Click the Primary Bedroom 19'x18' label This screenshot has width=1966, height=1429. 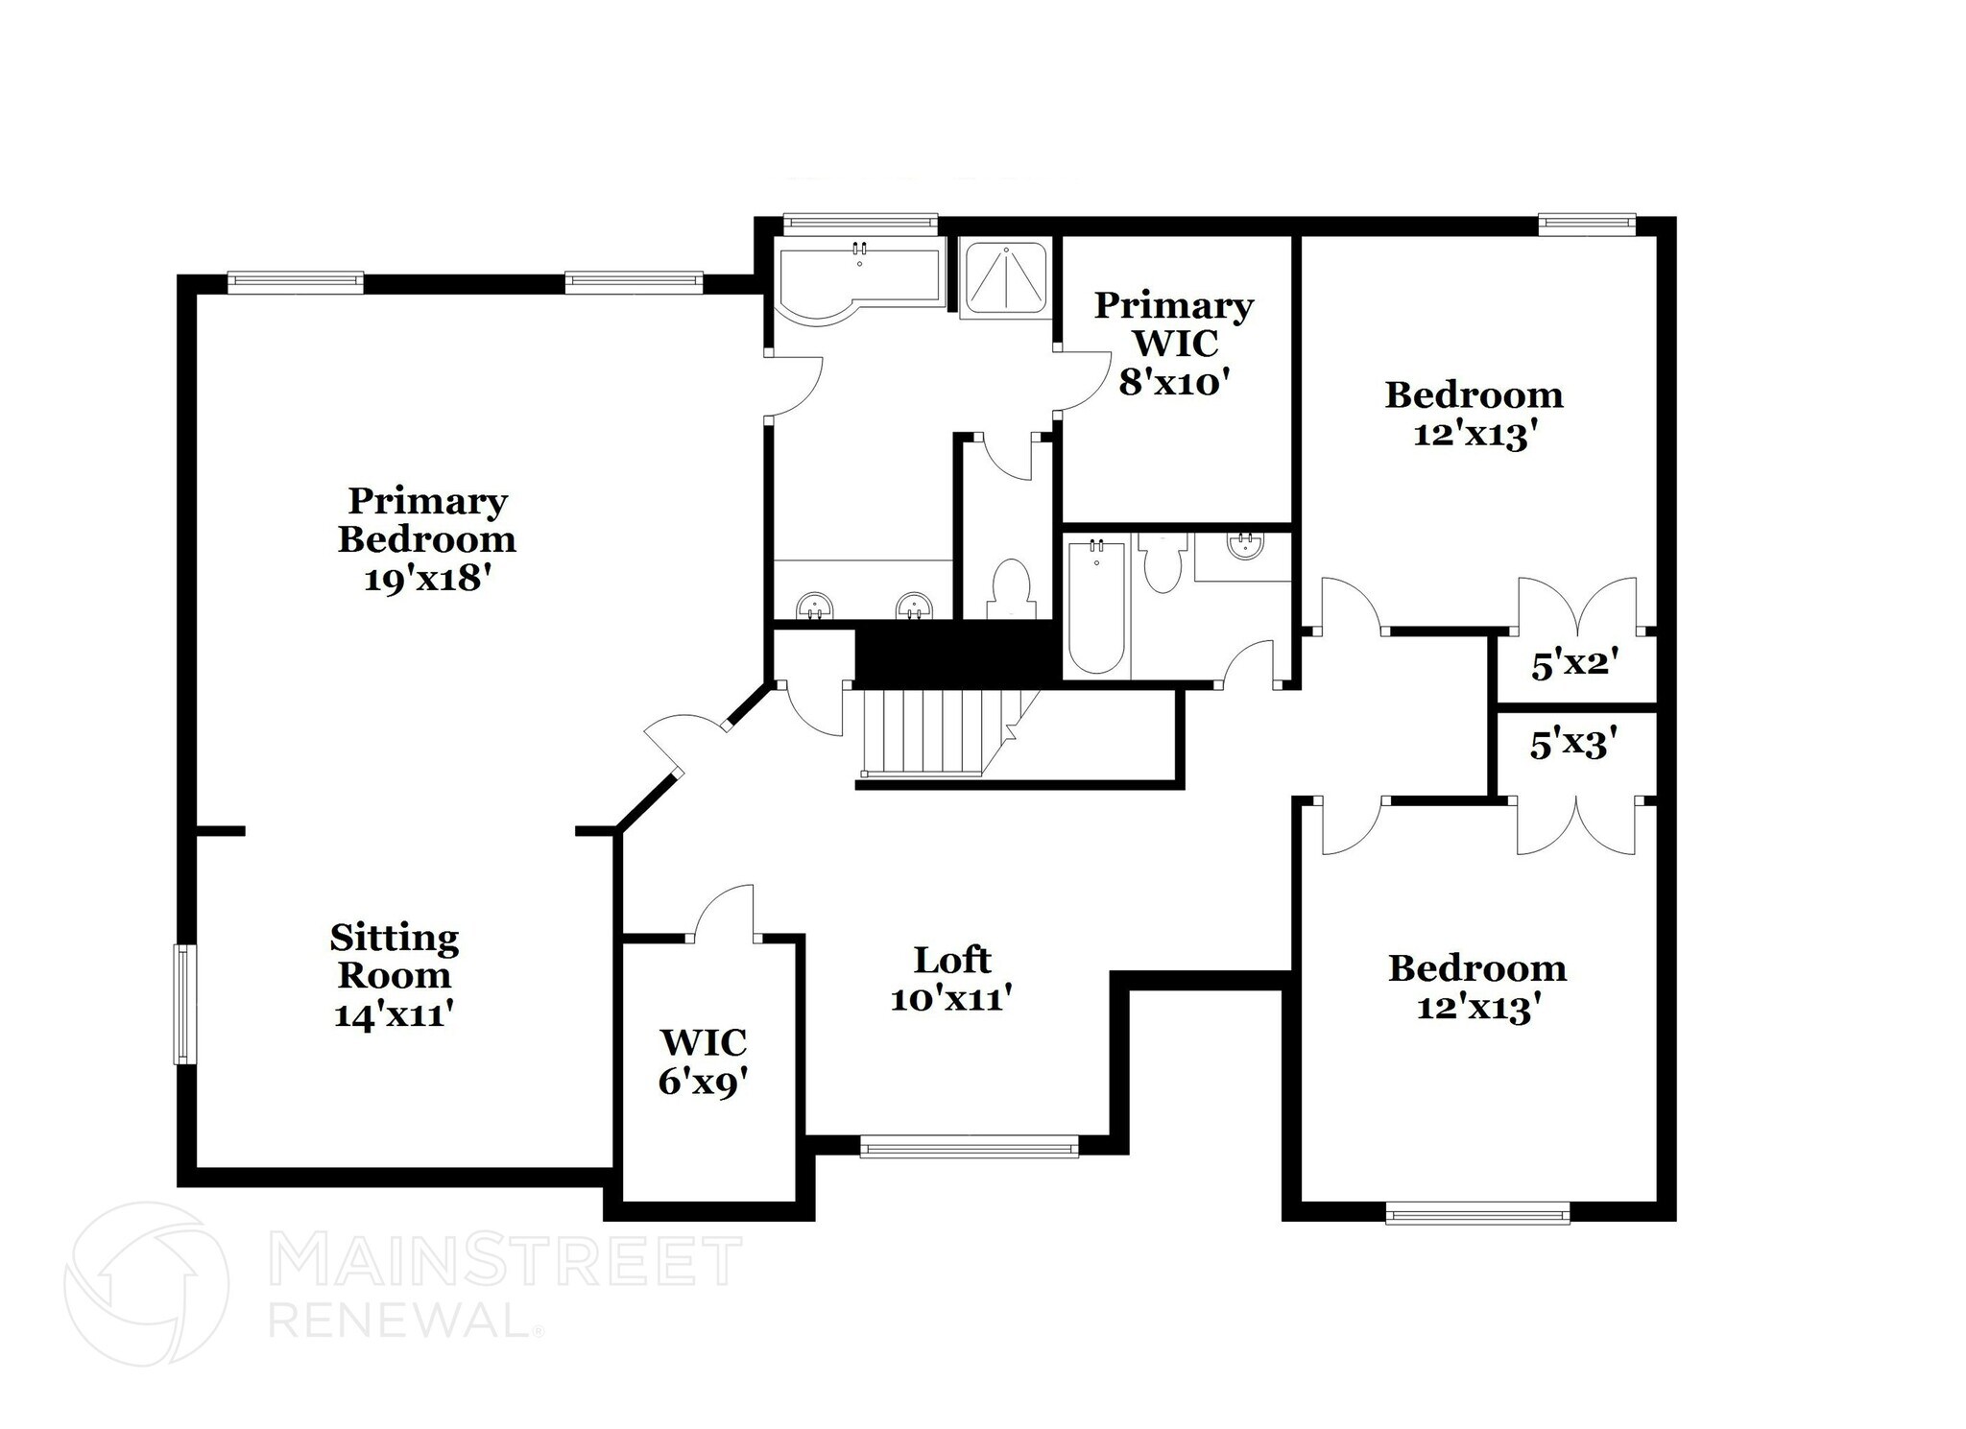tap(426, 539)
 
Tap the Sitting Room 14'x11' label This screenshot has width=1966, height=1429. tap(395, 975)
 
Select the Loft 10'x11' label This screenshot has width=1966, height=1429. tap(952, 979)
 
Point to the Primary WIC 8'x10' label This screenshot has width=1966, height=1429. tap(1174, 344)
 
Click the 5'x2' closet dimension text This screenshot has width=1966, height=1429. tap(1575, 663)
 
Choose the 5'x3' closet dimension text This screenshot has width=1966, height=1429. tap(1574, 744)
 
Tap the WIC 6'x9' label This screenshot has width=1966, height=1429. tap(703, 1061)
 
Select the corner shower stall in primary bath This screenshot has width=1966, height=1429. tap(1005, 278)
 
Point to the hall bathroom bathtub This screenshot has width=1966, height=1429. tap(1096, 605)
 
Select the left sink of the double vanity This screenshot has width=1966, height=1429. tap(815, 607)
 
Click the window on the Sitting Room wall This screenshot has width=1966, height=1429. tap(182, 1004)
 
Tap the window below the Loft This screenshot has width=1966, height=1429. tap(970, 1146)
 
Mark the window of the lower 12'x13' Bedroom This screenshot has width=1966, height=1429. tap(1477, 1214)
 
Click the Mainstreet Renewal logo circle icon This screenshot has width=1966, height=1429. tap(146, 1284)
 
